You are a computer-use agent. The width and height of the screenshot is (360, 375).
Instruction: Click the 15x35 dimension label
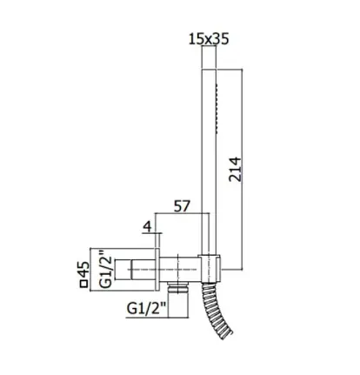pos(209,39)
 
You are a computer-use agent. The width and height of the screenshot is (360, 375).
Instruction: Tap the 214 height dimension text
pos(235,170)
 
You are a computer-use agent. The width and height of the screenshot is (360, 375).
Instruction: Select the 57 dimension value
pos(182,206)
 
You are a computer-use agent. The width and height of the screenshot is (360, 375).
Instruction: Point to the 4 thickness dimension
pos(148,226)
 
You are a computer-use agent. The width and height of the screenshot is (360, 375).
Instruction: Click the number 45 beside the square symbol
pos(84,269)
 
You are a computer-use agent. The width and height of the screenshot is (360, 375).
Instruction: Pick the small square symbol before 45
pos(83,284)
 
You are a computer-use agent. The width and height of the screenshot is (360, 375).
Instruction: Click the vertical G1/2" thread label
pos(106,269)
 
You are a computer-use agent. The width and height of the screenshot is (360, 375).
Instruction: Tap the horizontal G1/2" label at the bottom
pos(146,309)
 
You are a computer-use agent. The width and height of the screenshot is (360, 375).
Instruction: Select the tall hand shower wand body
pos(209,163)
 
